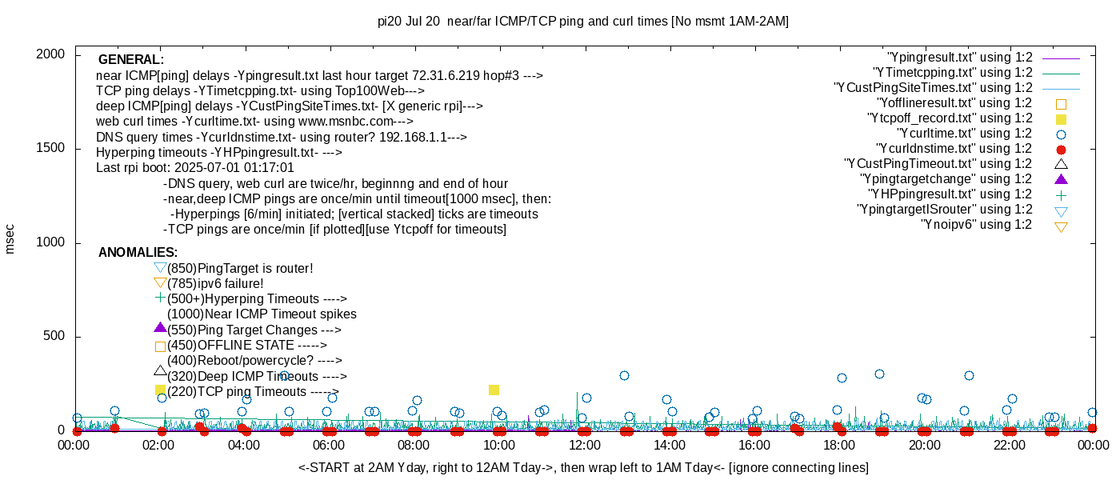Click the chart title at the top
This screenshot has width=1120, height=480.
pos(582,22)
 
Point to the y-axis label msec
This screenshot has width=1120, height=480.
pos(10,238)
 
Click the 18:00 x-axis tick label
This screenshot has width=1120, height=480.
pos(838,445)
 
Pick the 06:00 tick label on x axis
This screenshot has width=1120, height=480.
pos(330,445)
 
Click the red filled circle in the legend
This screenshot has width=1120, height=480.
pos(1062,149)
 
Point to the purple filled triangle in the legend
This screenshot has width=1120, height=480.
pos(1062,179)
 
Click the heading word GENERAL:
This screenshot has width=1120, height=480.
pos(130,60)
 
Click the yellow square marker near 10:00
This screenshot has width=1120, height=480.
pos(494,390)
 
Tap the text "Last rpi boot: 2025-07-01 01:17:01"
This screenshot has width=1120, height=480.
pos(195,168)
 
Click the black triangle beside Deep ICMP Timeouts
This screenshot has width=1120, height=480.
pos(160,371)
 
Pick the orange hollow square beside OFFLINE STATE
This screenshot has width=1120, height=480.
pos(160,346)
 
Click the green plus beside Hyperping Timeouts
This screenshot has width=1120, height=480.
pos(160,298)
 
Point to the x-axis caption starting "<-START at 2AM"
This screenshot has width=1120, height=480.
pos(583,467)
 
